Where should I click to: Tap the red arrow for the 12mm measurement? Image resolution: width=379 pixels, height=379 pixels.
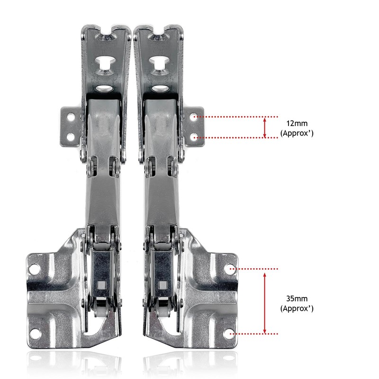[265, 127]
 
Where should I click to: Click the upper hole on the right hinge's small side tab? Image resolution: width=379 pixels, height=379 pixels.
[194, 116]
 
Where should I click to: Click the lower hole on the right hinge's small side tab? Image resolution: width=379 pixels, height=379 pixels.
[194, 137]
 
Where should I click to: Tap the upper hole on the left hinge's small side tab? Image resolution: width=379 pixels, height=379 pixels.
[71, 116]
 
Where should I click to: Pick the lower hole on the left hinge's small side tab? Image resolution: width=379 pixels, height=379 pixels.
[71, 137]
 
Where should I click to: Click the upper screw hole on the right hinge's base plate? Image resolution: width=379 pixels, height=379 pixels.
[232, 269]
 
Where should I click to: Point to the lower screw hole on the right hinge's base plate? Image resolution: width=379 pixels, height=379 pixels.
[232, 333]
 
